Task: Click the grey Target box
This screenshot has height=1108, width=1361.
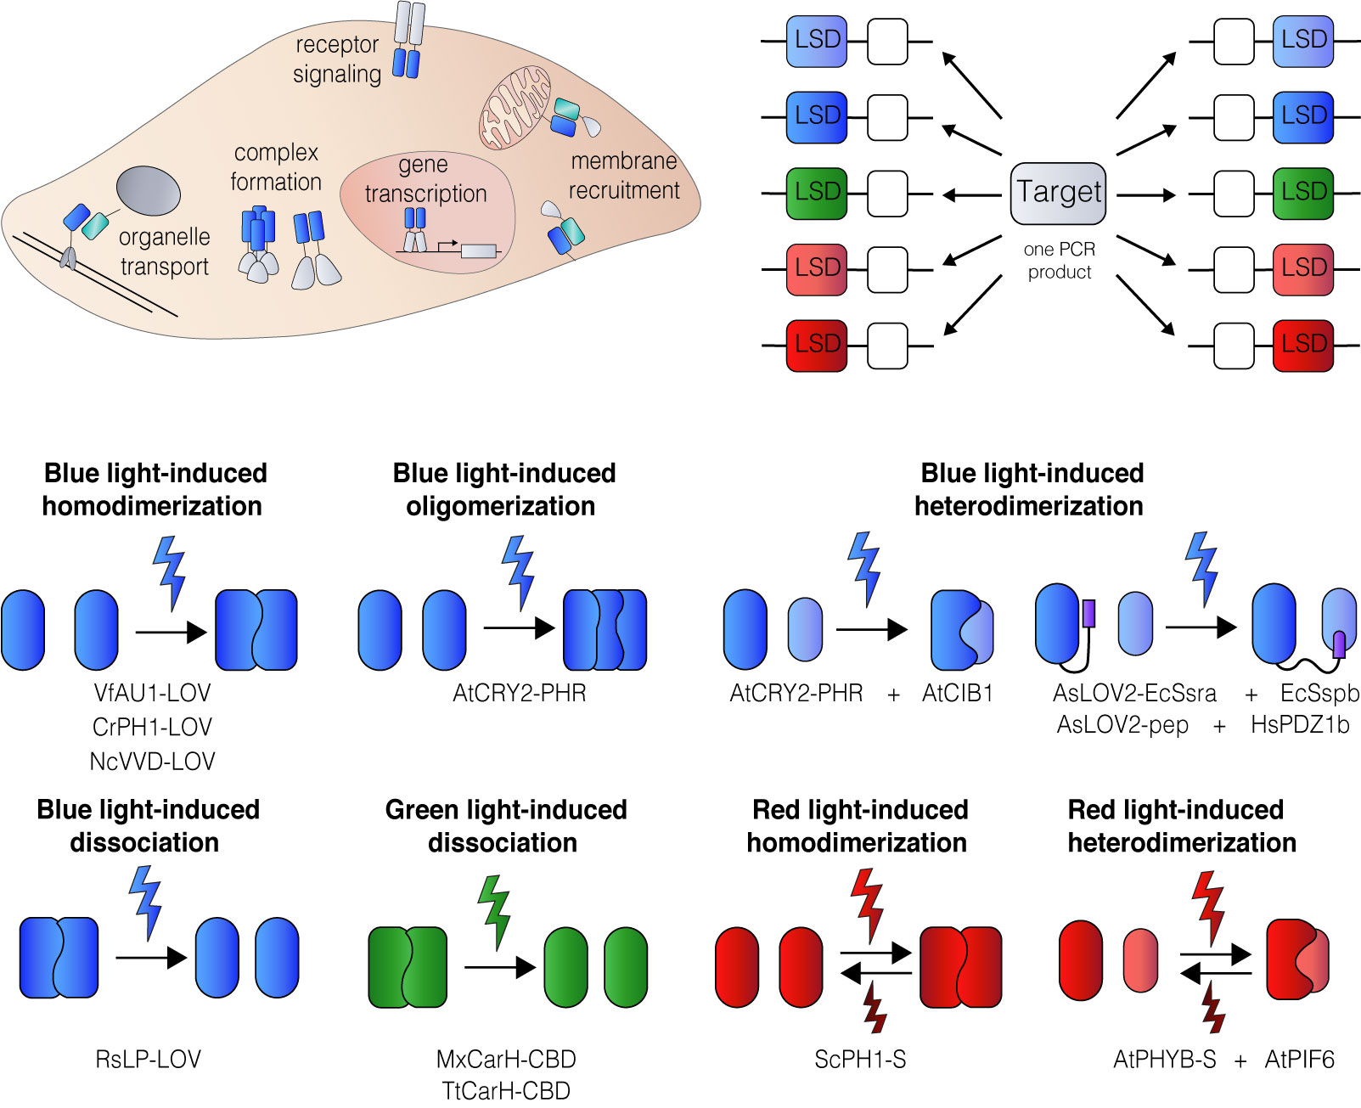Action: point(1059,194)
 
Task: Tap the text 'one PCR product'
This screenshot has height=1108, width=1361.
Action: point(1059,261)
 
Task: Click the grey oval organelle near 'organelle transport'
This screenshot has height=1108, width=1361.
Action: point(148,190)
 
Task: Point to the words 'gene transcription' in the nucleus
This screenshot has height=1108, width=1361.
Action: point(425,179)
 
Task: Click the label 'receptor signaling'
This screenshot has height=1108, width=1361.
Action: point(337,59)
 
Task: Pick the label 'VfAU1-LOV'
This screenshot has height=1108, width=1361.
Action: point(152,694)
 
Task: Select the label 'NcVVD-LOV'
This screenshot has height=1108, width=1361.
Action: point(152,762)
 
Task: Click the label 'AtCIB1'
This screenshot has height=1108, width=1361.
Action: point(957,694)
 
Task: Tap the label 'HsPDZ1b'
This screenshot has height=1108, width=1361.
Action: point(1299,725)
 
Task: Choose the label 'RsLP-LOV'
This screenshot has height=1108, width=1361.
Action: point(149,1060)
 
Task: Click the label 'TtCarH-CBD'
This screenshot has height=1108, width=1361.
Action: point(506,1091)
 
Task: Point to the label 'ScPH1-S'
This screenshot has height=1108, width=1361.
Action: point(859,1060)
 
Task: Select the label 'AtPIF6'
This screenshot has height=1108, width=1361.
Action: point(1299,1060)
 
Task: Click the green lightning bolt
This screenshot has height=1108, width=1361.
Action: point(494,911)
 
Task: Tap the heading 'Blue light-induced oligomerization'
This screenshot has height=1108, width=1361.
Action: point(503,489)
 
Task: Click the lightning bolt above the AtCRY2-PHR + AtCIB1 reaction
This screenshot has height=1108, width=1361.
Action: point(865,567)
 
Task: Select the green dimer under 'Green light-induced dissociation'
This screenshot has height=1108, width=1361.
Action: point(408,967)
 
